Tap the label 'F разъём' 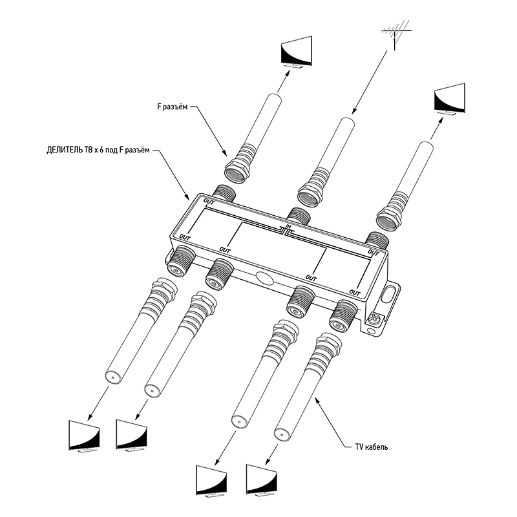(x=173, y=109)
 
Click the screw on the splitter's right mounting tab (x=374, y=319)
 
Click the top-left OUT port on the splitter (x=224, y=193)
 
